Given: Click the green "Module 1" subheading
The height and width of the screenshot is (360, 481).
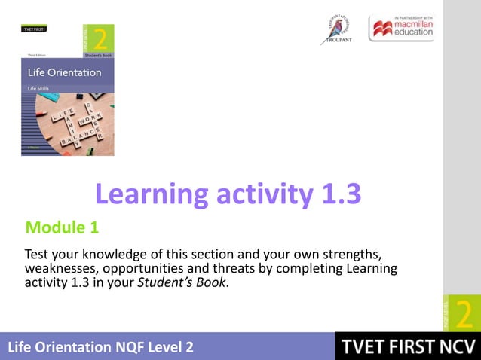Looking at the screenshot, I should [x=62, y=226].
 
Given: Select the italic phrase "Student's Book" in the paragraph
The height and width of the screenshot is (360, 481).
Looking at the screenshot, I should [x=183, y=283].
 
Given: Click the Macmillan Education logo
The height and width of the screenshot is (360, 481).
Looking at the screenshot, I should [x=401, y=29].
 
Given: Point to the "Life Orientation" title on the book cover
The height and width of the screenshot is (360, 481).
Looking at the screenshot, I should [x=64, y=73].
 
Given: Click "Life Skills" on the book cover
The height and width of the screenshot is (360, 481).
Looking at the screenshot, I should [x=42, y=88].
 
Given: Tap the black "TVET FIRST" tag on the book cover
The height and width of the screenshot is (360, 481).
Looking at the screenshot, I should [x=34, y=29].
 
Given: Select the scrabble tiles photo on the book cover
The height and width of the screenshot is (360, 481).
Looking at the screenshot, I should [x=68, y=124].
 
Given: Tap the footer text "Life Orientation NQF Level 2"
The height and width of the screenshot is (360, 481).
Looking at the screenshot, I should [x=100, y=347].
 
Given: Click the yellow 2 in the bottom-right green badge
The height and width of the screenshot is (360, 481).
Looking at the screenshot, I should [x=464, y=313].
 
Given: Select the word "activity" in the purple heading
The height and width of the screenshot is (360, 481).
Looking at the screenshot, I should [x=261, y=196].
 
